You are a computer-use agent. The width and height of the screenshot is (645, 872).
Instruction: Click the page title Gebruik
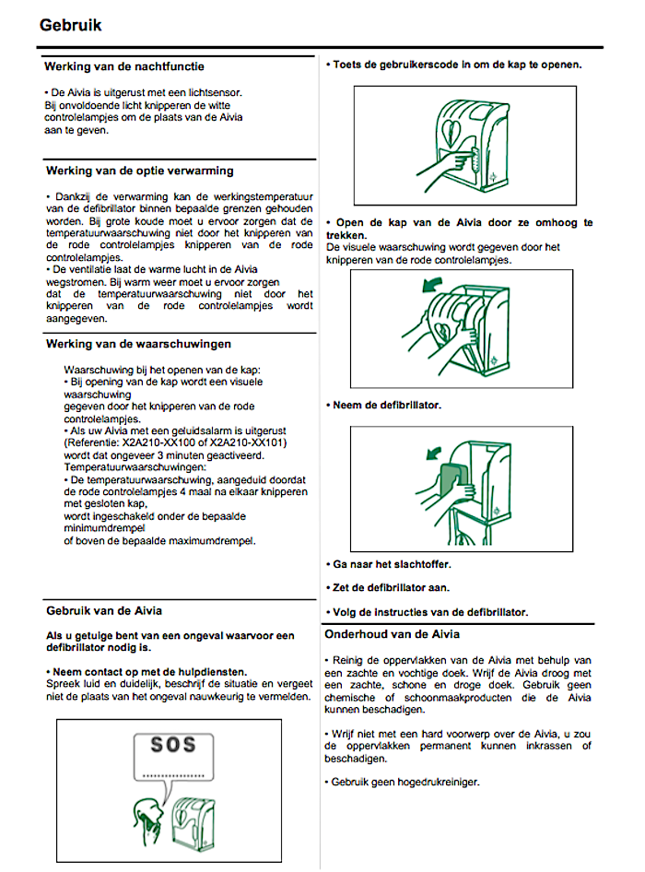pos(70,25)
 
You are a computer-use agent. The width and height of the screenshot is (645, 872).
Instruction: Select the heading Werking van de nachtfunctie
pos(124,66)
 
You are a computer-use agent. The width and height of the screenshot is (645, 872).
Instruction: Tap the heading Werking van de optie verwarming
pos(139,171)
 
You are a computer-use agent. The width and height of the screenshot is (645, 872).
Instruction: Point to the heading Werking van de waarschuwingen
pos(138,344)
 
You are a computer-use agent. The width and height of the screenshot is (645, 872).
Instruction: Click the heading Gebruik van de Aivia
pos(105,610)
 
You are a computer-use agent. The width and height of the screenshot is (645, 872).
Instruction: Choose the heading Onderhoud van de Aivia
pos(392,634)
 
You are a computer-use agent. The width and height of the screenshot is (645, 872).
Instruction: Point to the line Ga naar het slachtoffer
pos(392,563)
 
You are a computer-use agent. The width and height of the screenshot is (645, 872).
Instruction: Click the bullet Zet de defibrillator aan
pos(392,587)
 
